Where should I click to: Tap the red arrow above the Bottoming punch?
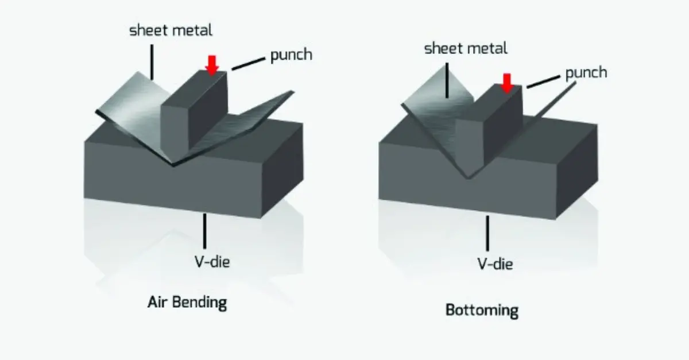[x=506, y=82]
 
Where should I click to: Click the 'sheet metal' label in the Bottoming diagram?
[x=466, y=49]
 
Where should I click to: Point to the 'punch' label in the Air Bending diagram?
[x=291, y=55]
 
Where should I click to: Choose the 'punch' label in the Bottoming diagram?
[x=586, y=73]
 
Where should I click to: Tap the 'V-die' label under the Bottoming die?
[x=494, y=264]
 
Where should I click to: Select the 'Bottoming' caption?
[x=482, y=311]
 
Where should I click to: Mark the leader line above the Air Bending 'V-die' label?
[x=204, y=230]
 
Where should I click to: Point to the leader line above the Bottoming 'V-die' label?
[x=489, y=233]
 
